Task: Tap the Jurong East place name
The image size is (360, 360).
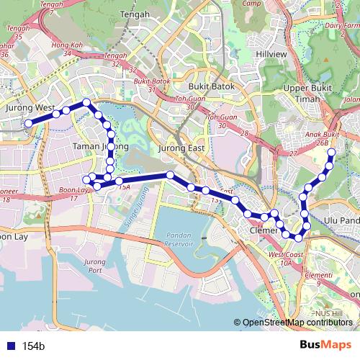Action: point(186,148)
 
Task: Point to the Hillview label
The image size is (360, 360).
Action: point(272,54)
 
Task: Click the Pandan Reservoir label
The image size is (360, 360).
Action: point(179,240)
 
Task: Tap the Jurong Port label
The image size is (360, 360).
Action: point(94,266)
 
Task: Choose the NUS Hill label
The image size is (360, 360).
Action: point(330,314)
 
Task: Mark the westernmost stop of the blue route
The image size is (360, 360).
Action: point(29,124)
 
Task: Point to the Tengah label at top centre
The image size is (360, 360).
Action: point(136,14)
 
